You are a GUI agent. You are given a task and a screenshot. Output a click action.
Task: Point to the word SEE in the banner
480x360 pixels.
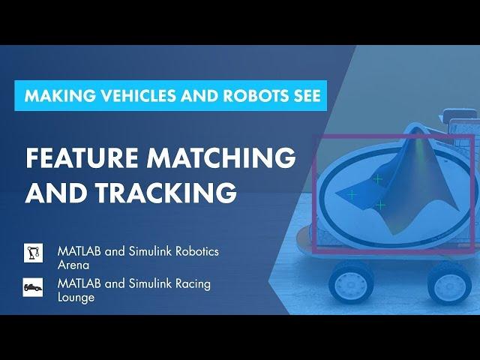pyautogui.click(x=305, y=95)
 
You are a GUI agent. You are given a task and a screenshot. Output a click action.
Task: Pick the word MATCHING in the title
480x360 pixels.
pyautogui.click(x=221, y=157)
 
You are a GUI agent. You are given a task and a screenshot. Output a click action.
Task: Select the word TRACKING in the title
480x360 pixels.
pyautogui.click(x=166, y=192)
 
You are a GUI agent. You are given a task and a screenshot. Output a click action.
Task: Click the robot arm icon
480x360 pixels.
pyautogui.click(x=33, y=253)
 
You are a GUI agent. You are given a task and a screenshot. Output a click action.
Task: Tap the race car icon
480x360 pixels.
pyautogui.click(x=33, y=287)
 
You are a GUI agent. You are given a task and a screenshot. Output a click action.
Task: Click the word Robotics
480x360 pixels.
pyautogui.click(x=197, y=252)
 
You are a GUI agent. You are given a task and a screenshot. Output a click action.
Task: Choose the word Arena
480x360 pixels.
pyautogui.click(x=73, y=265)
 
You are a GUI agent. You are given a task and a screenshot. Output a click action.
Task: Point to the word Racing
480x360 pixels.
pyautogui.click(x=193, y=284)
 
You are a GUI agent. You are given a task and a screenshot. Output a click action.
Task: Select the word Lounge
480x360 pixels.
pyautogui.click(x=76, y=298)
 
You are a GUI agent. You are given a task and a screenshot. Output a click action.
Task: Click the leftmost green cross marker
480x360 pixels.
pyautogui.click(x=352, y=194)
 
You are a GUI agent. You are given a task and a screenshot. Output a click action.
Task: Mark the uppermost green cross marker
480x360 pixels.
pyautogui.click(x=378, y=178)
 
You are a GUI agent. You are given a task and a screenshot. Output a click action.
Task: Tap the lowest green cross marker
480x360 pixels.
pyautogui.click(x=380, y=205)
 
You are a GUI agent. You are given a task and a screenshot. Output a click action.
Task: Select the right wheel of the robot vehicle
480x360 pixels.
pyautogui.click(x=449, y=284)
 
